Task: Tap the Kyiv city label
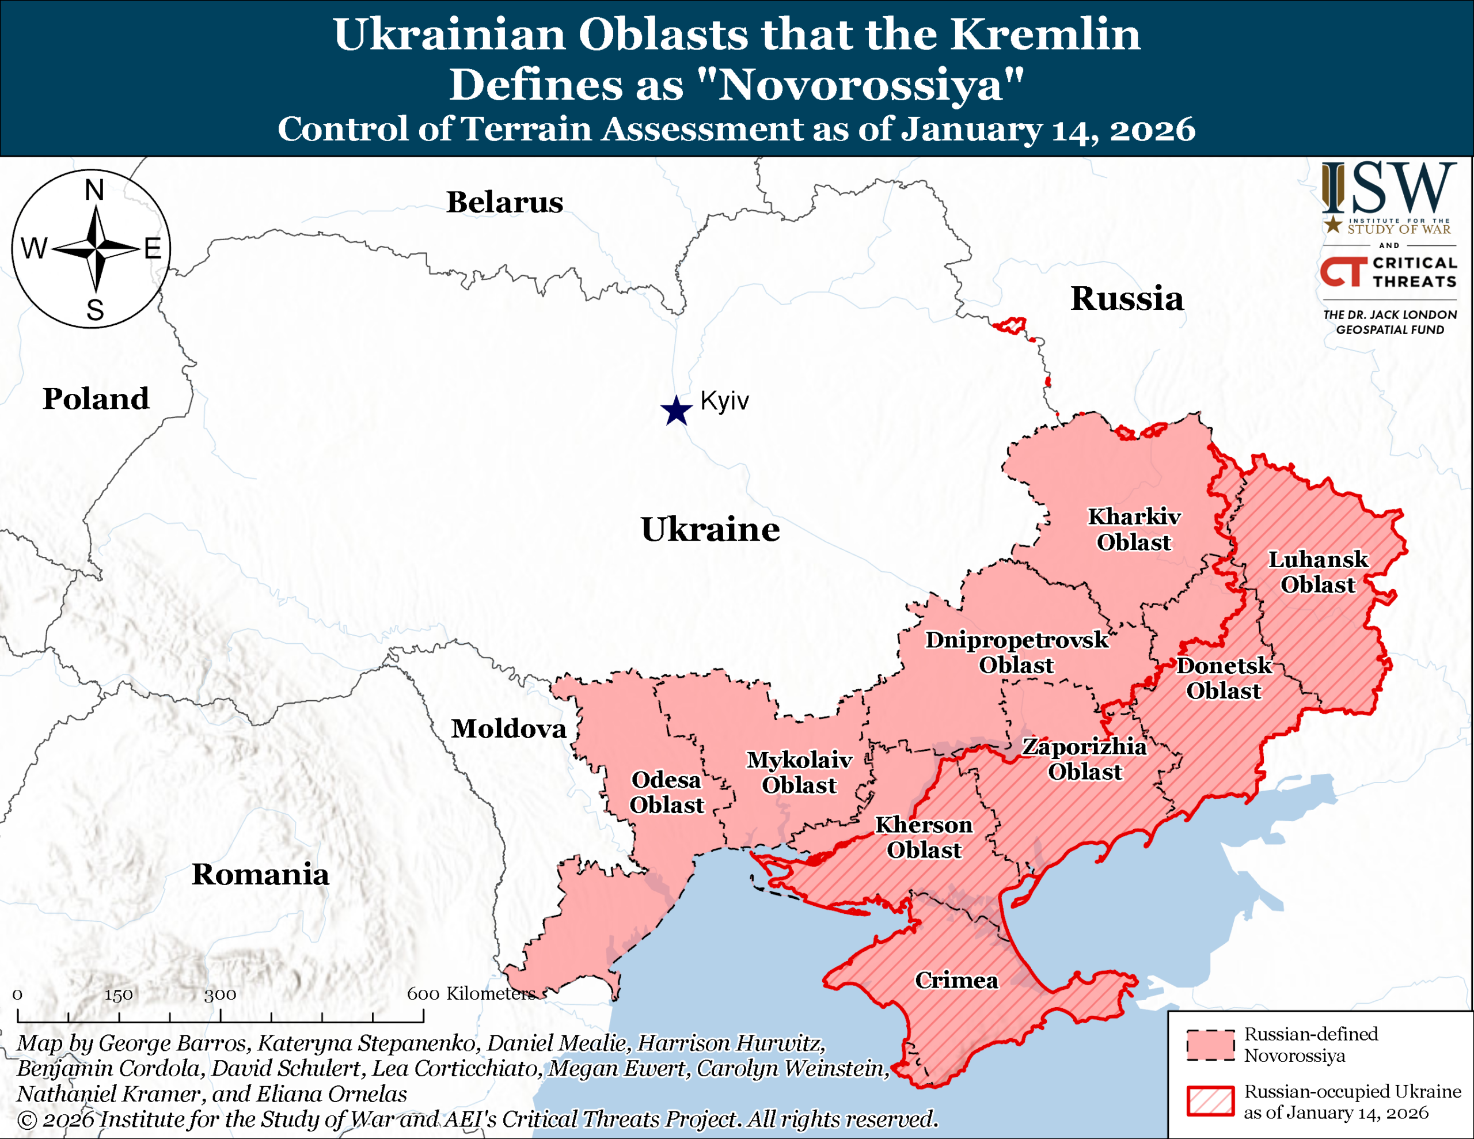click(x=724, y=401)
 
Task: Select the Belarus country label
click(x=504, y=203)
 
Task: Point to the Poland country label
click(x=96, y=399)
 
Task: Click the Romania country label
click(x=260, y=874)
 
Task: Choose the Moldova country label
click(x=509, y=729)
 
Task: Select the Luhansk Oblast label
click(x=1318, y=572)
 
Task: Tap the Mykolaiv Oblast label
click(x=799, y=772)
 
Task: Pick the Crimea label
click(x=956, y=980)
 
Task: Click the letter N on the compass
click(x=94, y=191)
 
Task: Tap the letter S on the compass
click(x=95, y=310)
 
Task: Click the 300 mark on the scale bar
click(x=220, y=994)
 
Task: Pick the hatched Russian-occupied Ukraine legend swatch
click(x=1210, y=1101)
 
